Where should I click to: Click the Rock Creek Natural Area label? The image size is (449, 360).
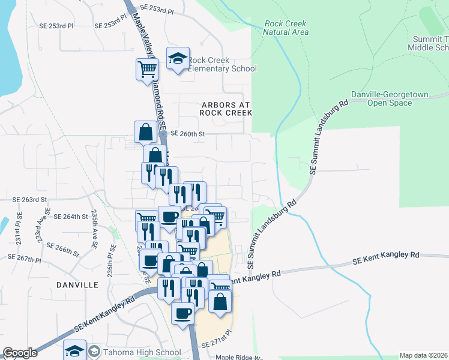287,28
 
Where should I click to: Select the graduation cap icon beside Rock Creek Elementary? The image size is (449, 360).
178,59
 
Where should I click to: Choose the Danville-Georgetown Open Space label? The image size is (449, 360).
381,99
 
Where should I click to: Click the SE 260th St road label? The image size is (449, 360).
188,134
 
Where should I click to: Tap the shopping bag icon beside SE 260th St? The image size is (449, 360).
146,132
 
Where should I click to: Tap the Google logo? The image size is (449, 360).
20,353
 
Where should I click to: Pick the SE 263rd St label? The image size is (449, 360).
30,199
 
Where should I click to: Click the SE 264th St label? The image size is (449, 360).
71,216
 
